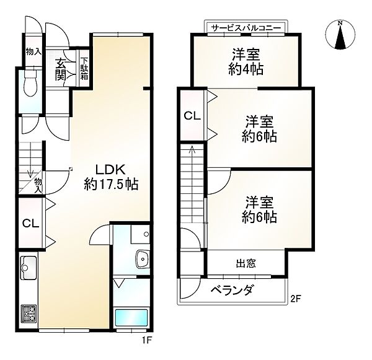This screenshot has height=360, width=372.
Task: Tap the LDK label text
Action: click(110, 169)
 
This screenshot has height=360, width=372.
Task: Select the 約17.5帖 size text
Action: click(110, 184)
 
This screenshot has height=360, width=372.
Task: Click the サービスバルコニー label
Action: click(246, 29)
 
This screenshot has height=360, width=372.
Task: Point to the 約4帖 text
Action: click(246, 69)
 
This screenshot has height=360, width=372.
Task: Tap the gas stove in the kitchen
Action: click(29, 314)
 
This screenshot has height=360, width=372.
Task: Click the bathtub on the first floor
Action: click(131, 317)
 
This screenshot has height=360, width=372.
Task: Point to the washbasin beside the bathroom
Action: click(143, 259)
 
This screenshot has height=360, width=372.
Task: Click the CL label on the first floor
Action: click(30, 224)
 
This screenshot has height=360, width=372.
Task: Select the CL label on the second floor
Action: click(192, 116)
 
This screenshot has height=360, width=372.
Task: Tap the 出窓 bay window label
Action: click(245, 263)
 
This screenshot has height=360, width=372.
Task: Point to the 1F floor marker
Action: click(146, 340)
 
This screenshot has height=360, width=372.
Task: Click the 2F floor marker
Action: click(296, 301)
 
